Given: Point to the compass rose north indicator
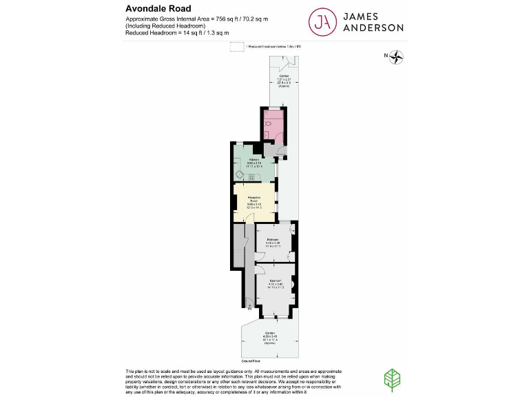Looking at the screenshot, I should [x=397, y=56].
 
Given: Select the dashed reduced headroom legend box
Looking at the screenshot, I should [x=237, y=47].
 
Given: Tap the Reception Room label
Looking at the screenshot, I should [x=254, y=201].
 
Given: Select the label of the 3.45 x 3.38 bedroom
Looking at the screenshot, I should [x=273, y=241].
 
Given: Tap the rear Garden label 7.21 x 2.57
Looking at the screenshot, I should [x=284, y=79].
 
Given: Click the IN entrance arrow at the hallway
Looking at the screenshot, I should [x=249, y=306].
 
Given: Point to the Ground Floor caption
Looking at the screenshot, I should [x=251, y=360].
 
